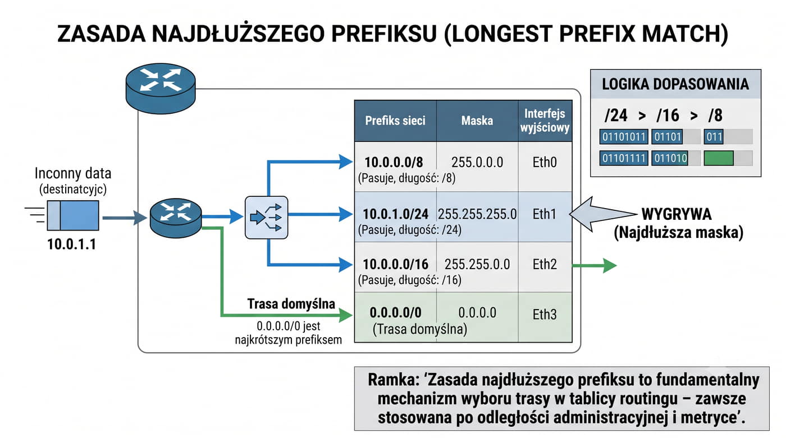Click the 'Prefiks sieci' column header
(395, 121)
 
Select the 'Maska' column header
(477, 121)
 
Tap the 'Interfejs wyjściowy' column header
(545, 121)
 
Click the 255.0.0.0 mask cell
(477, 162)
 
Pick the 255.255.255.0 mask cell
(477, 214)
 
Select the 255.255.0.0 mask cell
(477, 264)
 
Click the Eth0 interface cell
(545, 162)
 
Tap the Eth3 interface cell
(545, 314)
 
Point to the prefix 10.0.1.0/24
(395, 214)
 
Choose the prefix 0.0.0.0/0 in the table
(395, 312)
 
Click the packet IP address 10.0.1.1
(72, 244)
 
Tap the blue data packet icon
(73, 215)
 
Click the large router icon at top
(161, 88)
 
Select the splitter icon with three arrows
(266, 218)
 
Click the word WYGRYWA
(676, 214)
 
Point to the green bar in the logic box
(719, 158)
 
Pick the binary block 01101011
(624, 137)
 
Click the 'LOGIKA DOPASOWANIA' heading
(675, 84)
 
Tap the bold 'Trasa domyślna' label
(291, 304)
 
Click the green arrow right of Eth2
(595, 266)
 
